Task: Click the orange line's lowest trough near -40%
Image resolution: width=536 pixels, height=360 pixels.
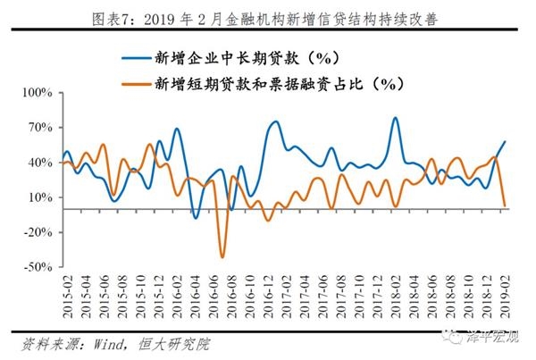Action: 222,257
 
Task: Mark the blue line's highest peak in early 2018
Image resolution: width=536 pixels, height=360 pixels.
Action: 395,118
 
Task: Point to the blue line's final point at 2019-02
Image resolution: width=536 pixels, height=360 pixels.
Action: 506,141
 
